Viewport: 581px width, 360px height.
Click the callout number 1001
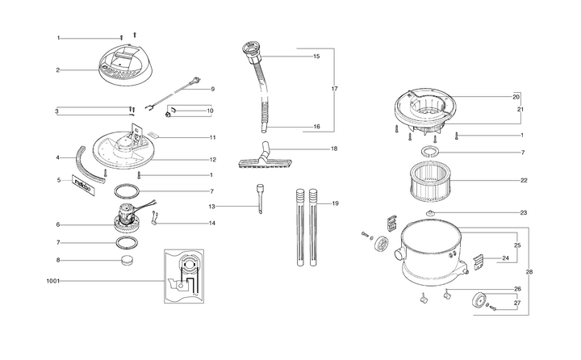point(52,281)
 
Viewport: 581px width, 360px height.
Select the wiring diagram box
point(184,276)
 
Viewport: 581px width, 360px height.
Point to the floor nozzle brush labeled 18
point(265,157)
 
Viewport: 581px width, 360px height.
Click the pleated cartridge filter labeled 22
point(433,183)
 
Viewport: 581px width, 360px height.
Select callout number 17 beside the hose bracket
point(335,89)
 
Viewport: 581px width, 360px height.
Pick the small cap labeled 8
point(127,260)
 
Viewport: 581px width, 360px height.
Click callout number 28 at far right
point(529,272)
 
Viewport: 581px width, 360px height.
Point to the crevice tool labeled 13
point(260,199)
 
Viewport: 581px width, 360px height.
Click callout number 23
point(523,213)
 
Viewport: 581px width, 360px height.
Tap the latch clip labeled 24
point(478,262)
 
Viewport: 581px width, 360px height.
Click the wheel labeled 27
point(479,299)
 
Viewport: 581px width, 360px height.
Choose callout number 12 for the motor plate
point(213,160)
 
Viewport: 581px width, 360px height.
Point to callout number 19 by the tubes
point(336,203)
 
